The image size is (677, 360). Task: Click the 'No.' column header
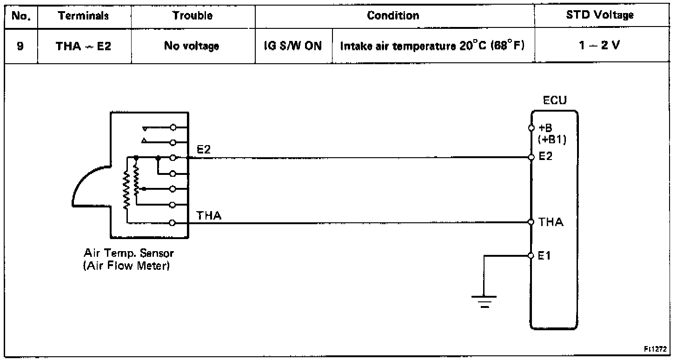click(20, 15)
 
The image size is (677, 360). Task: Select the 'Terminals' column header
click(84, 15)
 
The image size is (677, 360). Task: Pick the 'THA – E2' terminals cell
click(84, 47)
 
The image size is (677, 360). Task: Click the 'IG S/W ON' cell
click(294, 47)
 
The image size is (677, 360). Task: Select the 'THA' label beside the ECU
click(551, 222)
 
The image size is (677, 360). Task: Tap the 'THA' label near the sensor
click(209, 215)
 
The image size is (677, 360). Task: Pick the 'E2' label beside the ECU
click(546, 157)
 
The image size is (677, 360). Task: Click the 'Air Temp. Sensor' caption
click(129, 254)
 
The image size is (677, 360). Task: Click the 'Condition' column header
click(393, 15)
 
